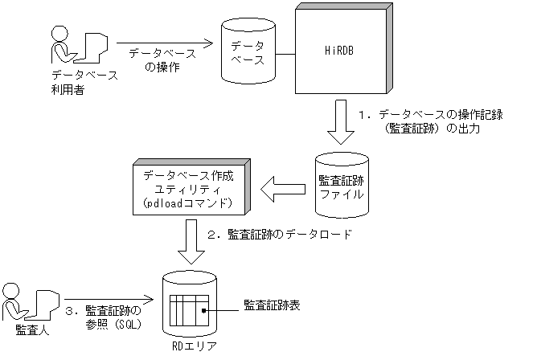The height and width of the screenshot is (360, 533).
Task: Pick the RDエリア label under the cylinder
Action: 191,346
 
